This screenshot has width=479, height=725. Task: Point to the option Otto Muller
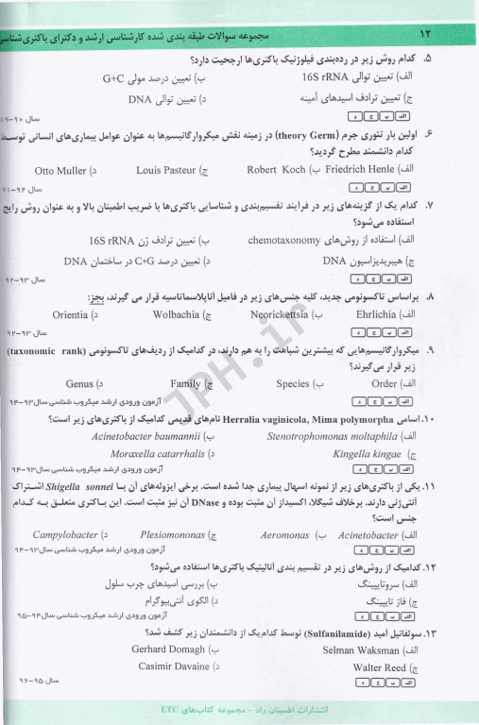tap(60, 170)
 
